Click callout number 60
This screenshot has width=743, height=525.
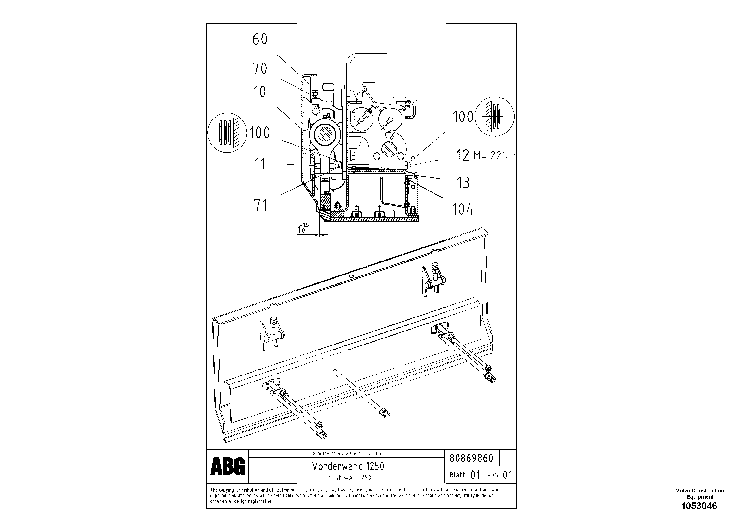click(260, 39)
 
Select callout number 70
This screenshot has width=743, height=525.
click(260, 69)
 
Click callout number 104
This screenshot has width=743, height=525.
click(463, 209)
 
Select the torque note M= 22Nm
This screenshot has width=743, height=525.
click(494, 156)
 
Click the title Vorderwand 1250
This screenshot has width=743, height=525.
click(348, 466)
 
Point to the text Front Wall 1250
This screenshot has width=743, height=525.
click(348, 477)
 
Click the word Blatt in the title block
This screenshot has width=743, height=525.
click(457, 475)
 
